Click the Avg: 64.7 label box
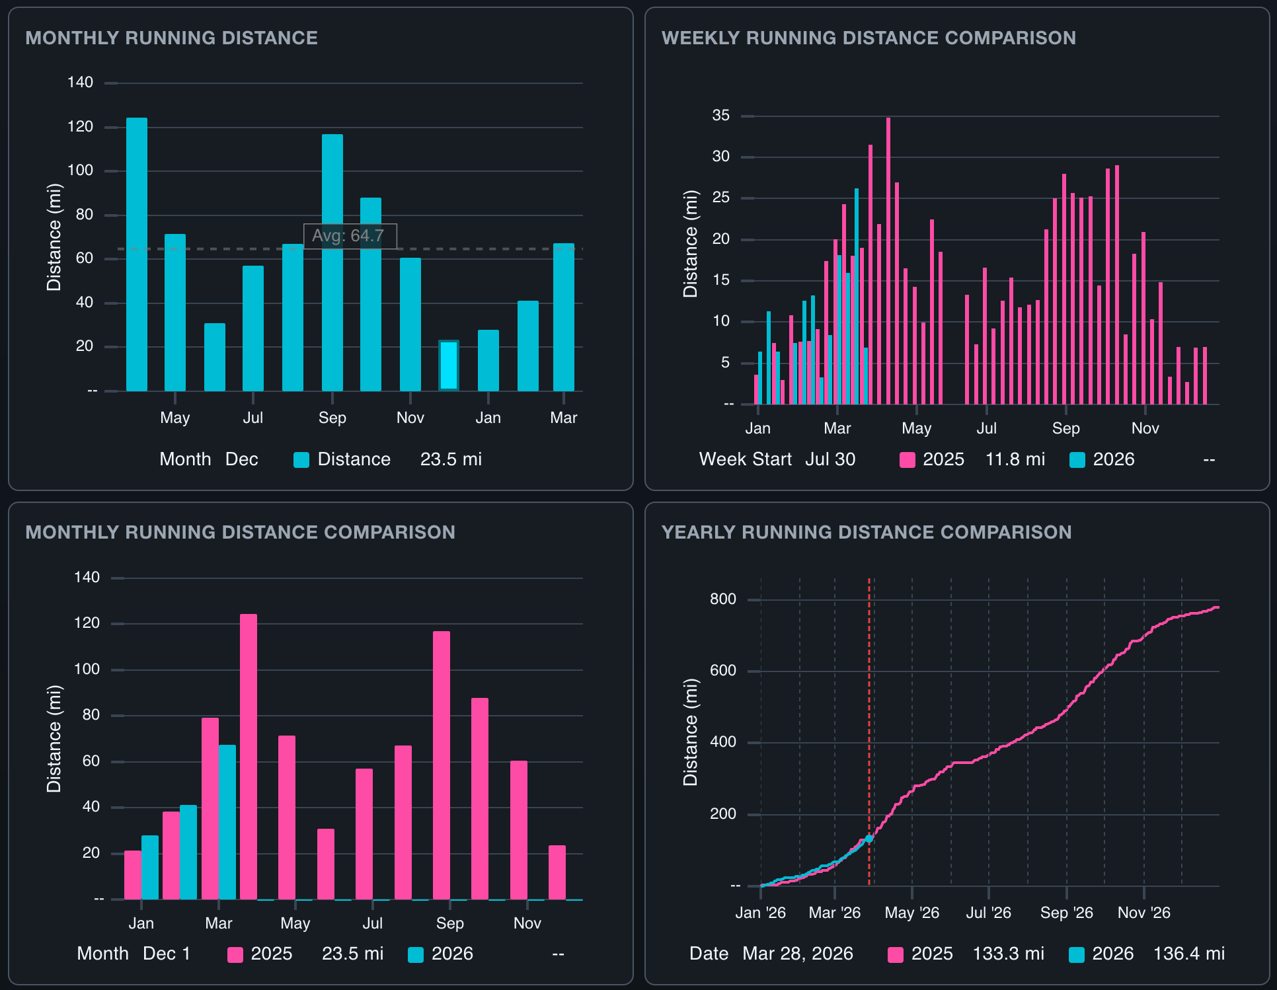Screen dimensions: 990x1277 point(350,236)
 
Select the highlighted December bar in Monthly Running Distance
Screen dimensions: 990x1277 point(449,365)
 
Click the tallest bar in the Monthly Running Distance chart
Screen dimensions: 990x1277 point(137,254)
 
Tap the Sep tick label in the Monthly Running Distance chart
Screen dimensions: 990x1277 point(332,418)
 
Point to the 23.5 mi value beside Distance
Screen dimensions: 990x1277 point(451,459)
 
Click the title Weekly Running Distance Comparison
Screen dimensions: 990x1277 point(869,38)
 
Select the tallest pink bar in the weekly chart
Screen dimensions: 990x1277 point(888,261)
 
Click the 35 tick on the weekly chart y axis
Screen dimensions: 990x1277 point(720,116)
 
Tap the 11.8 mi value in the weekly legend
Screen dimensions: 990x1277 point(1015,459)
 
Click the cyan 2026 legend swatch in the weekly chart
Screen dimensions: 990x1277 point(1077,460)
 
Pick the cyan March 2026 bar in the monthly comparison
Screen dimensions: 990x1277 point(227,821)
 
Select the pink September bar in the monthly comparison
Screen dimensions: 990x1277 point(442,765)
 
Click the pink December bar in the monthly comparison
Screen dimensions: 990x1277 point(557,872)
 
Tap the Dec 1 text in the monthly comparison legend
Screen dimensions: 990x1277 point(167,954)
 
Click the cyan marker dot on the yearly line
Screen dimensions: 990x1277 point(869,839)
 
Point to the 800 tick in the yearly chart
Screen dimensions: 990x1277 point(722,599)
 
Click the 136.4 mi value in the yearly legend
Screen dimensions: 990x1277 point(1188,954)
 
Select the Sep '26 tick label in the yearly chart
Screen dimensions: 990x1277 point(1066,913)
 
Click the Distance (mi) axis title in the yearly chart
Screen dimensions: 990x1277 point(691,732)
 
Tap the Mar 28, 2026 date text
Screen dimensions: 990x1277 point(797,954)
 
